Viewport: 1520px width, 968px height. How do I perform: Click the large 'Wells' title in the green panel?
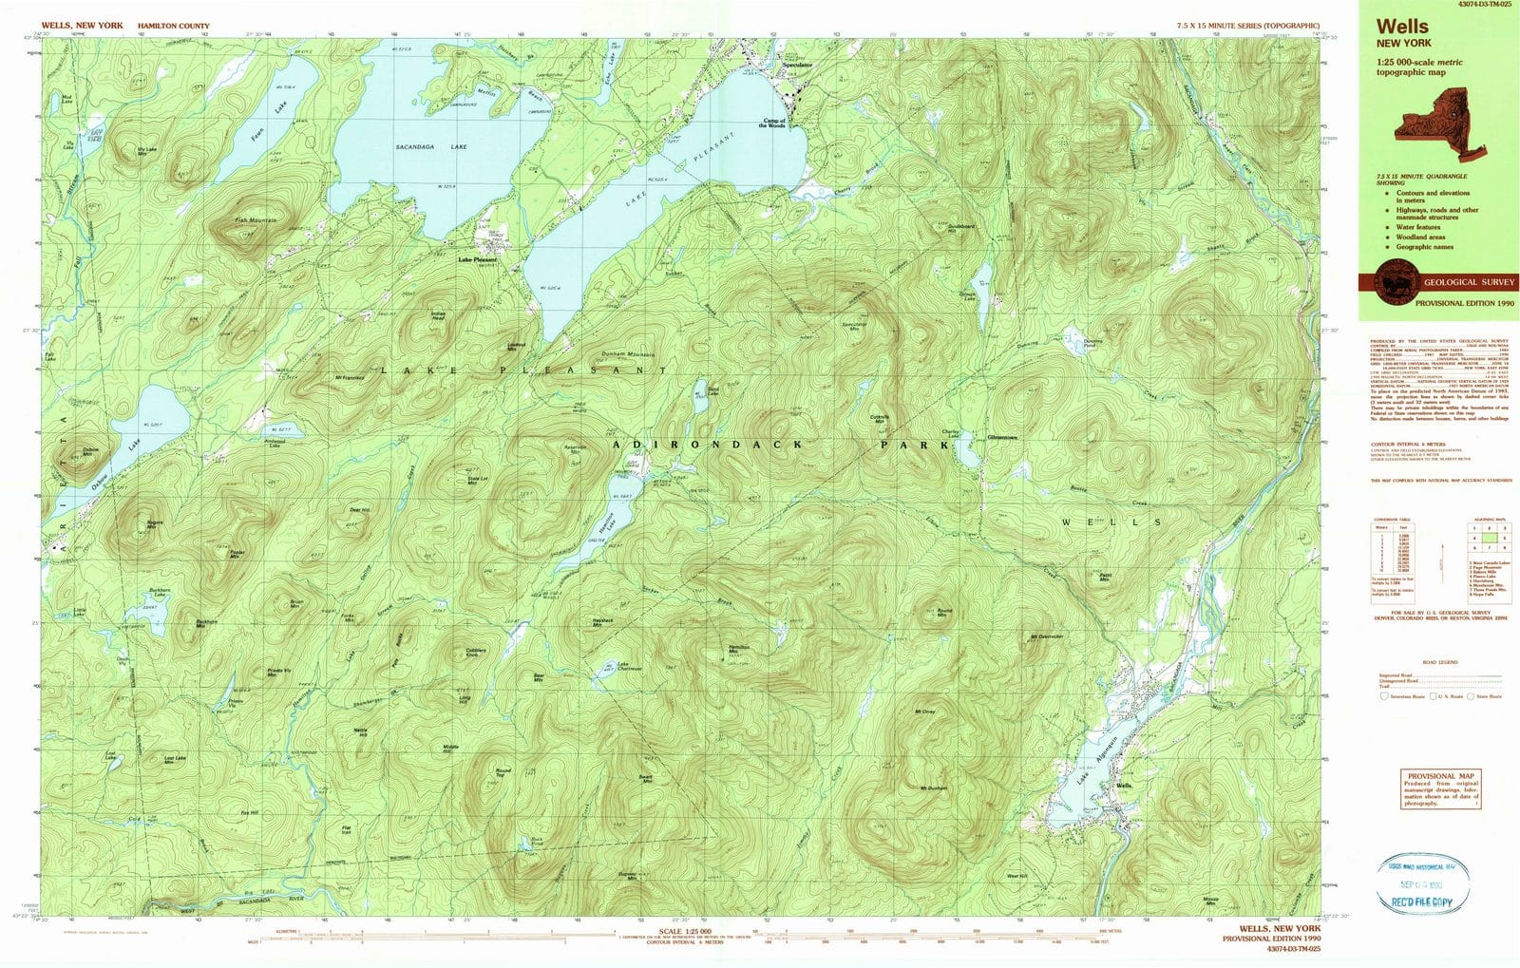tap(1402, 28)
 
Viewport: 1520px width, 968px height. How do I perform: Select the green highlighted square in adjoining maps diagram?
tap(1491, 538)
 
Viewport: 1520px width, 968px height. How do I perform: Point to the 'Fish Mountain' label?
tap(256, 220)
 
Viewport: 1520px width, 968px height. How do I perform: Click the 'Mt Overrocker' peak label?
tap(1045, 636)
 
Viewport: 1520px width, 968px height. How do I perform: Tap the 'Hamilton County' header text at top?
tap(173, 27)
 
